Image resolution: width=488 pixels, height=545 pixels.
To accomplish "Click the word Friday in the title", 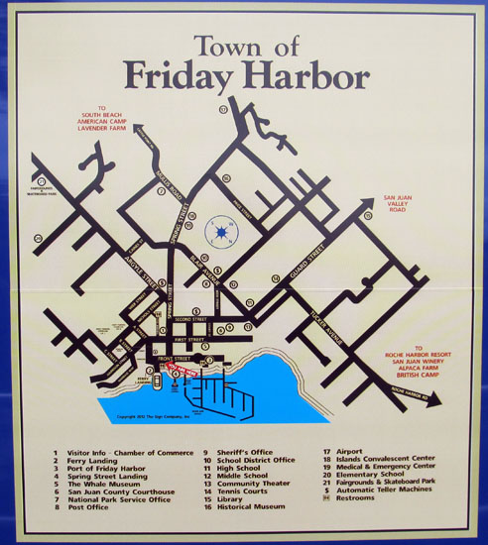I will [x=183, y=76].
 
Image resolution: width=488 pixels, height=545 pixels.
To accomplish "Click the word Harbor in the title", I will [x=309, y=76].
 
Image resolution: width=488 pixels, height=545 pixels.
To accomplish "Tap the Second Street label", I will [x=187, y=320].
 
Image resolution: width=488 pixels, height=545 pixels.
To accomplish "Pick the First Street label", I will [x=187, y=338].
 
